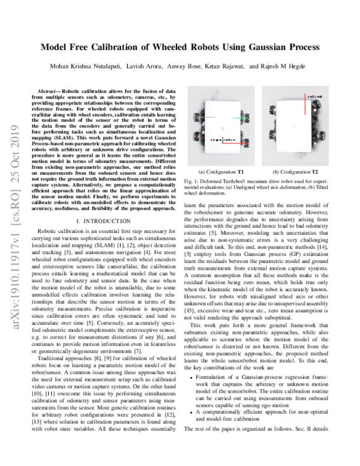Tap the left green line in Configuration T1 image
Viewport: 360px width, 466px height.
pos(205,118)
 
